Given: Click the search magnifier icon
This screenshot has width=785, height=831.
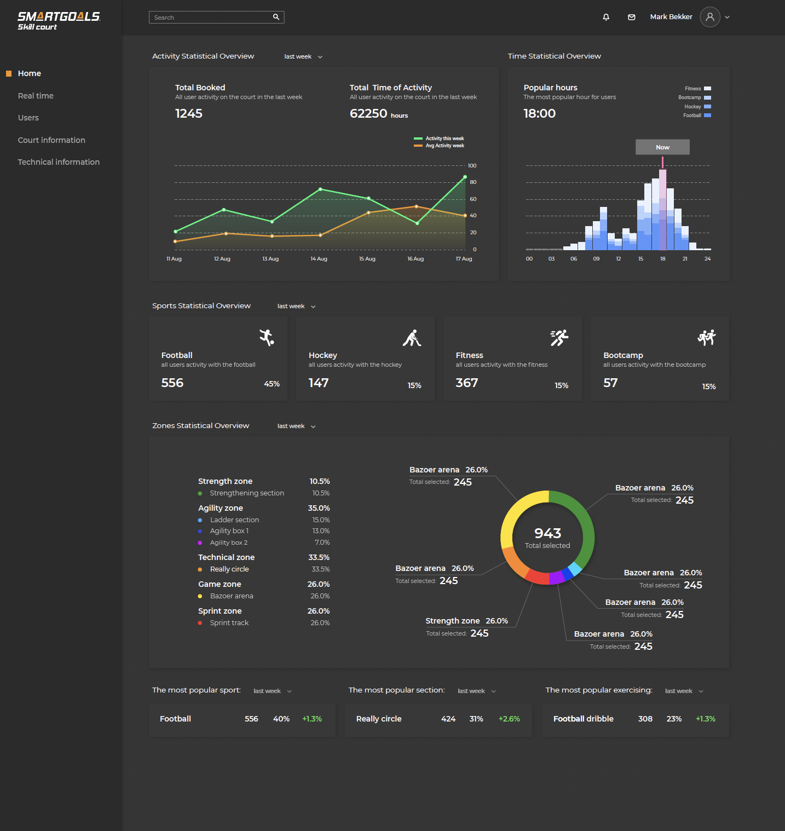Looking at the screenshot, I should point(276,17).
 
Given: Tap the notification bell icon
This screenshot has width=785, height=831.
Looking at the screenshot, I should point(606,17).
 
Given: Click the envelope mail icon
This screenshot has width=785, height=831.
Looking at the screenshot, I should point(631,17).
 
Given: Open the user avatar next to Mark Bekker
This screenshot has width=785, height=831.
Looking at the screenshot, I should point(709,17).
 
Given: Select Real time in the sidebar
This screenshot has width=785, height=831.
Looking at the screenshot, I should point(36,96).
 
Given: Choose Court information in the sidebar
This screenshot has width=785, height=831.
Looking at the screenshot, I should point(51,140).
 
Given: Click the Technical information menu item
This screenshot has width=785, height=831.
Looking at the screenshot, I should point(59,162).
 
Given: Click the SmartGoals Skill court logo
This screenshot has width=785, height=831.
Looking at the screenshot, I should point(59,21).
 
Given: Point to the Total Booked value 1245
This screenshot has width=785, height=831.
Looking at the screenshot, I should point(189,113).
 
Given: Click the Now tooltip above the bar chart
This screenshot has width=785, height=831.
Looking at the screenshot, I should point(662,147).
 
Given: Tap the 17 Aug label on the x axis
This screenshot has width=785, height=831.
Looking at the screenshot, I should point(464,259).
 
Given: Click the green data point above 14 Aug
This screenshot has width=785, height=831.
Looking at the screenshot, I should point(320,189).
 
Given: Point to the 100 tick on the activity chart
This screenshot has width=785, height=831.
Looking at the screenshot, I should point(472,166).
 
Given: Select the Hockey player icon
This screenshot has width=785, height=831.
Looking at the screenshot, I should point(412,338).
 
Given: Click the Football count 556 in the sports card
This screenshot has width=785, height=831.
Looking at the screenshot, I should point(172,383).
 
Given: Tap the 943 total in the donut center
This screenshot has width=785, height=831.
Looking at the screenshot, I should point(547,533).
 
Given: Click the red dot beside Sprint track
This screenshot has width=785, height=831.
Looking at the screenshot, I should point(200,623).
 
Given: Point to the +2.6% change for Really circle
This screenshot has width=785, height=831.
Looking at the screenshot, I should point(509,719).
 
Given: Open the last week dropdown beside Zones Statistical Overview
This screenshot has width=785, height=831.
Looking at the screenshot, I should point(296,426).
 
